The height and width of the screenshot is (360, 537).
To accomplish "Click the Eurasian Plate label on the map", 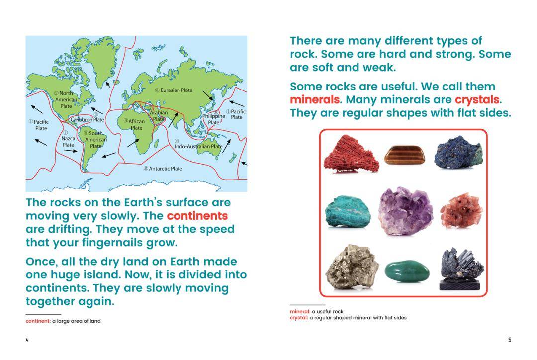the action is pos(174,90).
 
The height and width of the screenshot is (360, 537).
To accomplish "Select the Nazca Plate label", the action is pos(68,139).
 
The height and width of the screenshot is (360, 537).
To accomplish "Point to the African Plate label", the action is pos(135,124).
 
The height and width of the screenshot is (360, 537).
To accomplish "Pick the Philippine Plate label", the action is pos(214,117).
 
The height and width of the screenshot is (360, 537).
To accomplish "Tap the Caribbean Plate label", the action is pos(88,119).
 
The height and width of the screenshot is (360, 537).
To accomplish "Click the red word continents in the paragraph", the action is pos(197,216).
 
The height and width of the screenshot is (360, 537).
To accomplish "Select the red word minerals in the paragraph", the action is pos(315,99).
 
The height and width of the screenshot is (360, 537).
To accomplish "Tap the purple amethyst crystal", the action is pos(405,211).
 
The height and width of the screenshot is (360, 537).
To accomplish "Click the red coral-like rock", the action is pos(351,154).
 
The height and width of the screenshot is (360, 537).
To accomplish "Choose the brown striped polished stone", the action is pos(405,155).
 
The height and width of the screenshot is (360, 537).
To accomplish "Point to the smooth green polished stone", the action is pos(407,271).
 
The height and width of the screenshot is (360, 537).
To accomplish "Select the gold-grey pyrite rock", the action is pos(352,267).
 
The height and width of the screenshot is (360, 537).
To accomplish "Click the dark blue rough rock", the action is pos(459,152).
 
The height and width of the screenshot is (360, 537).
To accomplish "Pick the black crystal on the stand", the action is pos(461,269).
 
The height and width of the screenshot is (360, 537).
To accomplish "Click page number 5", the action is pos(510,340).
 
